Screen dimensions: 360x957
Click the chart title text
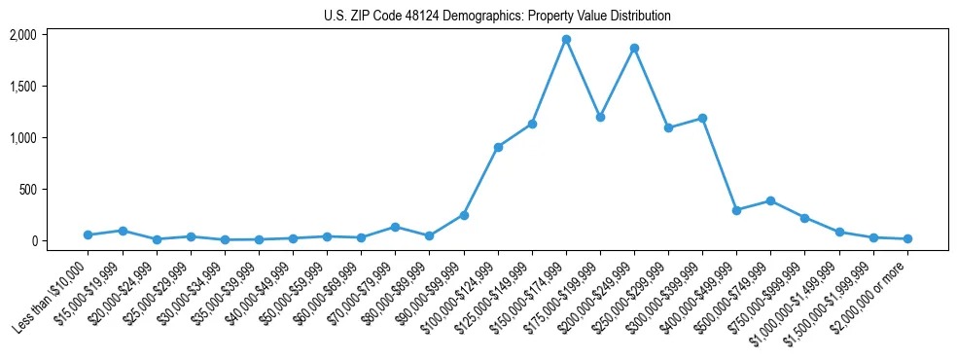tap(497, 17)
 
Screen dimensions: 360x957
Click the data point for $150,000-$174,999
tap(566, 40)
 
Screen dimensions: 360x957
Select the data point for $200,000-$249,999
tap(634, 48)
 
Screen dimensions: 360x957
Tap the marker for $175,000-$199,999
tap(600, 117)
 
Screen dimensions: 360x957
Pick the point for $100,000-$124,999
tap(498, 147)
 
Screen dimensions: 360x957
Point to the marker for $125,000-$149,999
tap(532, 124)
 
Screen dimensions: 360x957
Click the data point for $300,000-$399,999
tap(702, 118)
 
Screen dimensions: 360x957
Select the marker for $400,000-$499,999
tap(736, 210)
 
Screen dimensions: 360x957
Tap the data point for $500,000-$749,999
tap(770, 200)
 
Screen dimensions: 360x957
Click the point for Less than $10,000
tap(88, 234)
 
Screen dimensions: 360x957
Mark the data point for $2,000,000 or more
tap(907, 238)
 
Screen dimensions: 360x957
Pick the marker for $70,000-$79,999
tap(395, 227)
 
